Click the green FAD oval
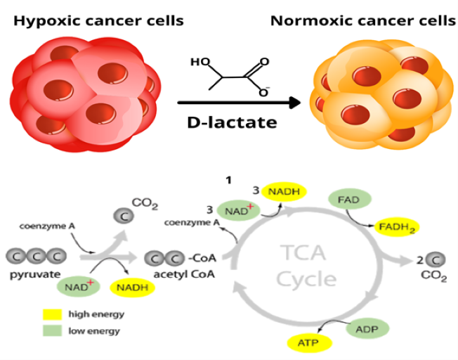(x=348, y=200)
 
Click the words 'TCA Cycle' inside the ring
(x=306, y=266)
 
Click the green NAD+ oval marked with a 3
(x=237, y=210)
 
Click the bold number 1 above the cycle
(x=228, y=181)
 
